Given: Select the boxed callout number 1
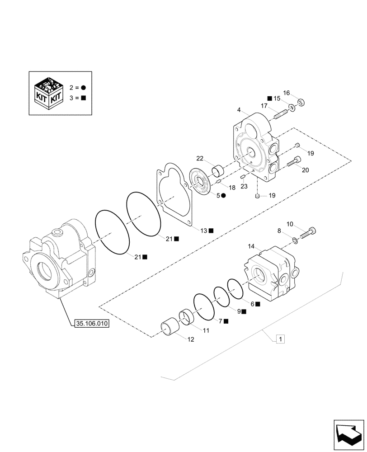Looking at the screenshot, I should (x=280, y=339).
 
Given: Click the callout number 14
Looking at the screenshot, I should (x=251, y=247).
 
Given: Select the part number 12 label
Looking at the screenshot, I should (x=190, y=339).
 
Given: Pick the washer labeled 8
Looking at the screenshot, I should (x=294, y=240).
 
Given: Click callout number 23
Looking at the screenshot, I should (x=244, y=185).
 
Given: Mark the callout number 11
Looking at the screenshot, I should (x=206, y=330).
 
